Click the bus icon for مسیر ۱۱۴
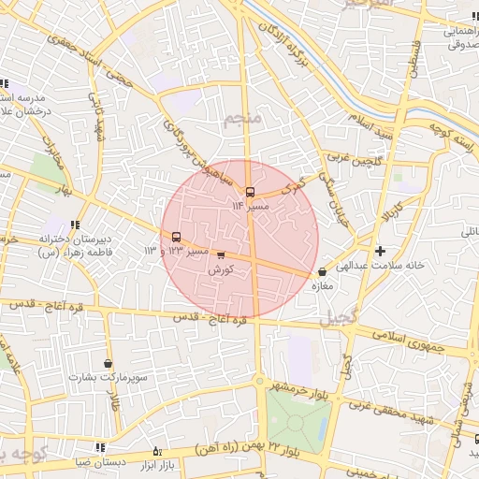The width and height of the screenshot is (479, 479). click(x=250, y=192)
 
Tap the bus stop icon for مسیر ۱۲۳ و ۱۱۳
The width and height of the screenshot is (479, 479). click(x=177, y=237)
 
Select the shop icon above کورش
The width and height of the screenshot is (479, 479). click(x=221, y=254)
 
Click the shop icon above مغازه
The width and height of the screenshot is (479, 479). click(x=323, y=271)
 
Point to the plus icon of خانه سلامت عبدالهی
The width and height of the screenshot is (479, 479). click(x=379, y=251)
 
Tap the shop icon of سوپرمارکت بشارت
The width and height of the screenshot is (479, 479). click(x=109, y=363)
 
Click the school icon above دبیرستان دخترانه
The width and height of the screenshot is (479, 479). click(x=74, y=224)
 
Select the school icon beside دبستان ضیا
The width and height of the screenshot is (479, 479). click(x=101, y=448)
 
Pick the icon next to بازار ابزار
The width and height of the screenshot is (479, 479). click(x=156, y=451)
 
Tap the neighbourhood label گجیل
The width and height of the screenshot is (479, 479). click(x=338, y=318)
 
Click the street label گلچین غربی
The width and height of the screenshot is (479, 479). click(x=352, y=163)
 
